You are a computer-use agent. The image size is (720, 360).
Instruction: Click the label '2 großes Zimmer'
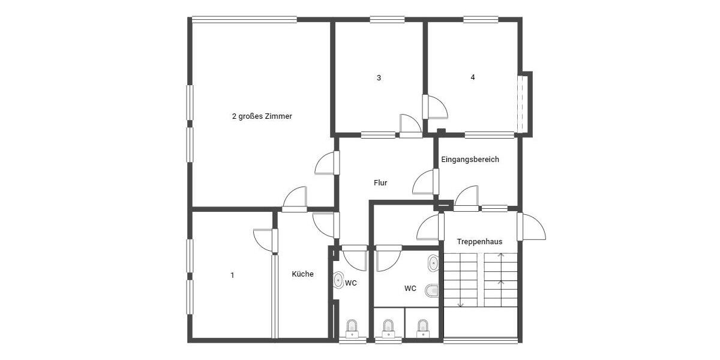pos(262,116)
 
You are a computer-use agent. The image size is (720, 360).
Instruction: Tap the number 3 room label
pos(379,77)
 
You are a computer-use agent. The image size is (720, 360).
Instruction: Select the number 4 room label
pos(473,77)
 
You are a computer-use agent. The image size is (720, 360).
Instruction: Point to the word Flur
pos(380,183)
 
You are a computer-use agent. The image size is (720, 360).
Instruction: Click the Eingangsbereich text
pos(470,160)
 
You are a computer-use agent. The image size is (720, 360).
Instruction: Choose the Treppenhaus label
pos(479,242)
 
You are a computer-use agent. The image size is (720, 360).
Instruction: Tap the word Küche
pos(302,274)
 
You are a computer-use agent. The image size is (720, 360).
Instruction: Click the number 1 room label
pos(232,275)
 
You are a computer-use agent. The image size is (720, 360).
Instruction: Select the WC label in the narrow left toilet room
pos(351,283)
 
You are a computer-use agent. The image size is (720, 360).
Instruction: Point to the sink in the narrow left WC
pos(338,280)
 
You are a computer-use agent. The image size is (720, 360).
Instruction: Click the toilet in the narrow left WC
pos(352,328)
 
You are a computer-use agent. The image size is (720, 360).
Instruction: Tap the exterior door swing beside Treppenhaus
pos(533,227)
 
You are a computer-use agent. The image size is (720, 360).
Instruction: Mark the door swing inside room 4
pos(437,107)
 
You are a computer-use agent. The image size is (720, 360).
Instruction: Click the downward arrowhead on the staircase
pos(461,304)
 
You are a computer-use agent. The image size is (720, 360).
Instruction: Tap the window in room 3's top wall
pos(387,20)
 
